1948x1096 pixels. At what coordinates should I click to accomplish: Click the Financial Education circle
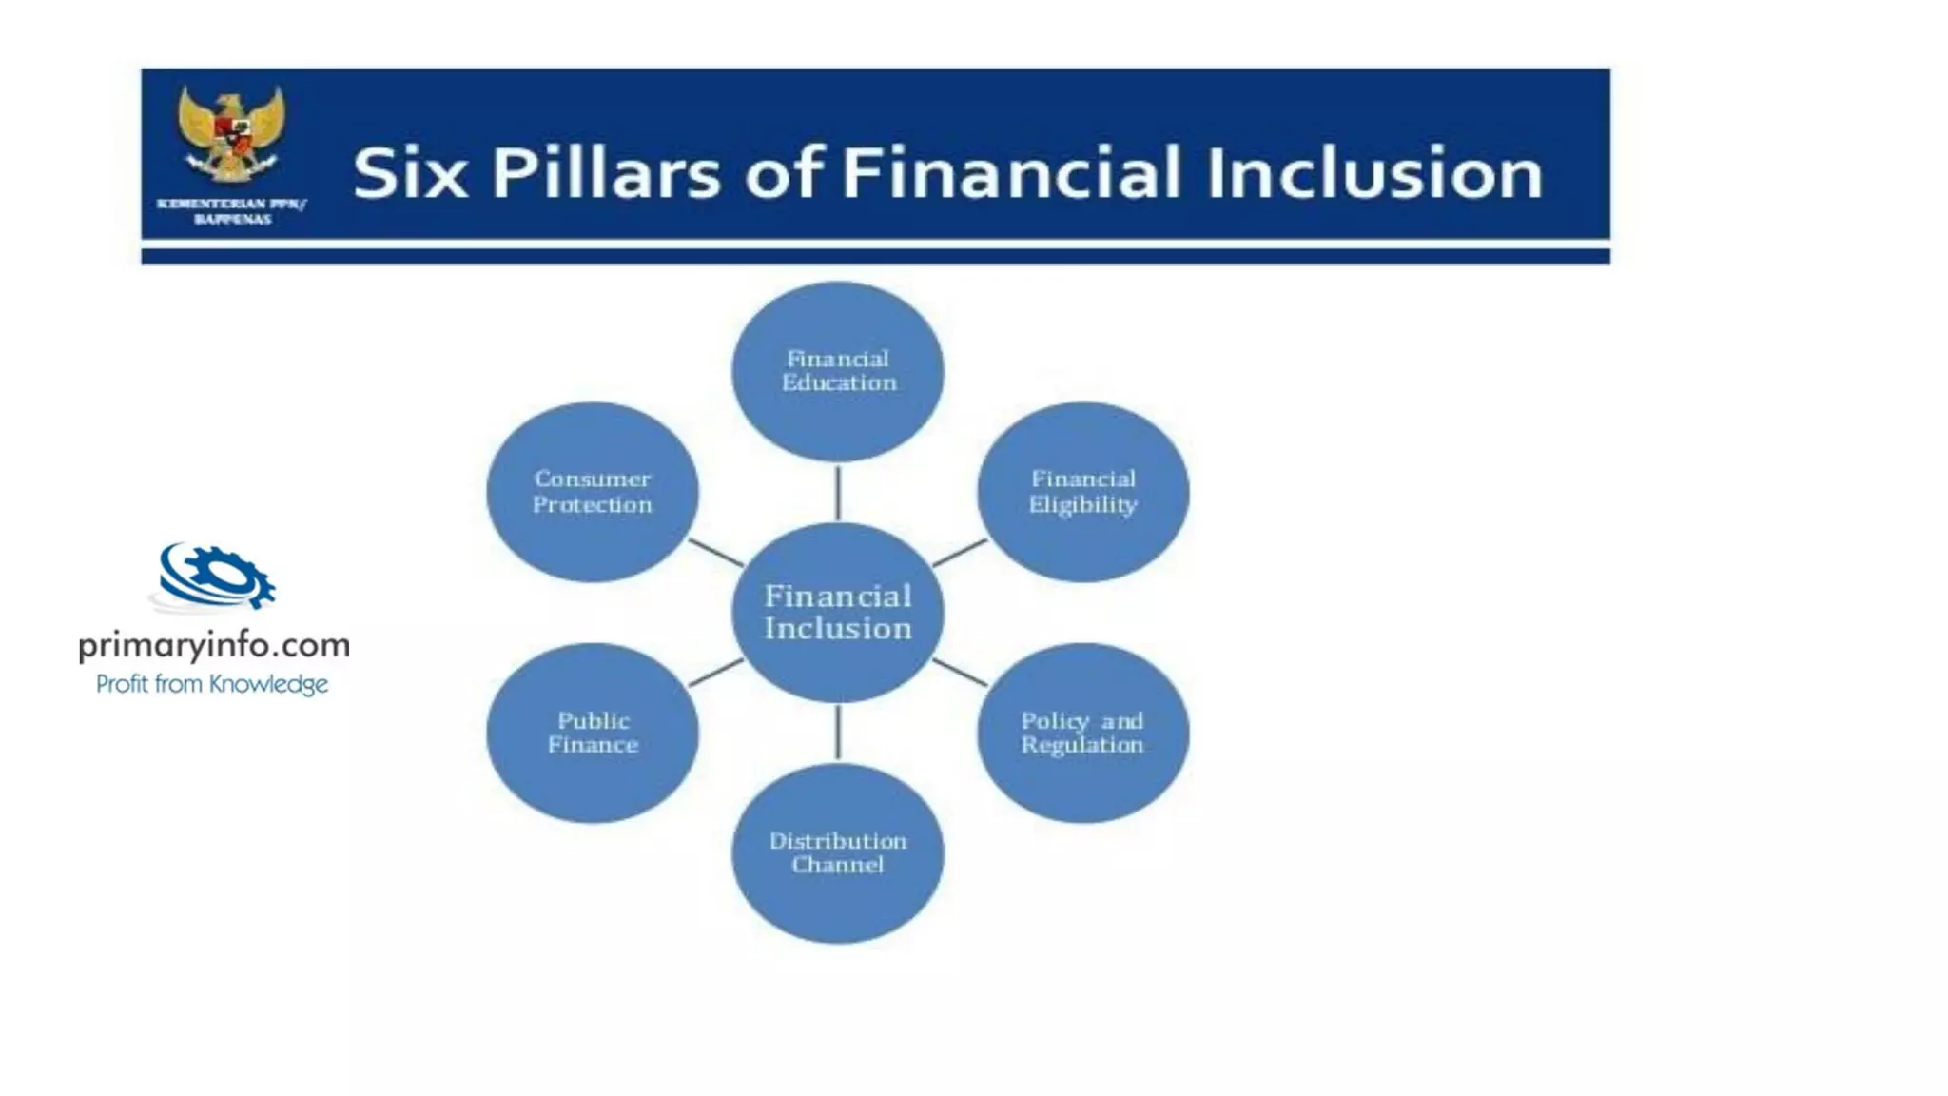click(837, 371)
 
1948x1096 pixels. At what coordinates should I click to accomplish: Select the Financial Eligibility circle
click(1082, 492)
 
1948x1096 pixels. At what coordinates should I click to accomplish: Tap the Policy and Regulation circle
click(1082, 733)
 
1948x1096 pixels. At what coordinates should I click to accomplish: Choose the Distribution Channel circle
click(837, 853)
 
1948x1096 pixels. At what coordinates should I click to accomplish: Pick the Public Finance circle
click(592, 733)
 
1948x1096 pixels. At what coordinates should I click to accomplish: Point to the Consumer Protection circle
click(592, 492)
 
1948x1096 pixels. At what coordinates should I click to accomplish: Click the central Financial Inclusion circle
click(837, 612)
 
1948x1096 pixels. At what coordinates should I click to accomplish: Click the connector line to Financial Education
click(837, 492)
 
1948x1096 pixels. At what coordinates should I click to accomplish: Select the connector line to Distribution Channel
click(837, 732)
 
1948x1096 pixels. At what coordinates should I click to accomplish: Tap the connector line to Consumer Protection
click(715, 553)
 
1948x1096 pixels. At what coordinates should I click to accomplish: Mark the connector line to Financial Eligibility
click(960, 553)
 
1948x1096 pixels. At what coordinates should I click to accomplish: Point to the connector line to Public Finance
click(715, 672)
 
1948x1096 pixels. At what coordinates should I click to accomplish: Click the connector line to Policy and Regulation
click(960, 672)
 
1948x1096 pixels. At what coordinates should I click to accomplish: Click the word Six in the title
click(410, 173)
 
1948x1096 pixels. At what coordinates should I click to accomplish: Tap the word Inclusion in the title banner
click(1374, 173)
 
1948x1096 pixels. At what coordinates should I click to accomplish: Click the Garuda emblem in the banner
click(231, 133)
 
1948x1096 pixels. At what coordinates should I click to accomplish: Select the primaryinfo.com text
click(214, 646)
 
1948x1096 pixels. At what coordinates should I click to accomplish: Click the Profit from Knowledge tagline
click(212, 684)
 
